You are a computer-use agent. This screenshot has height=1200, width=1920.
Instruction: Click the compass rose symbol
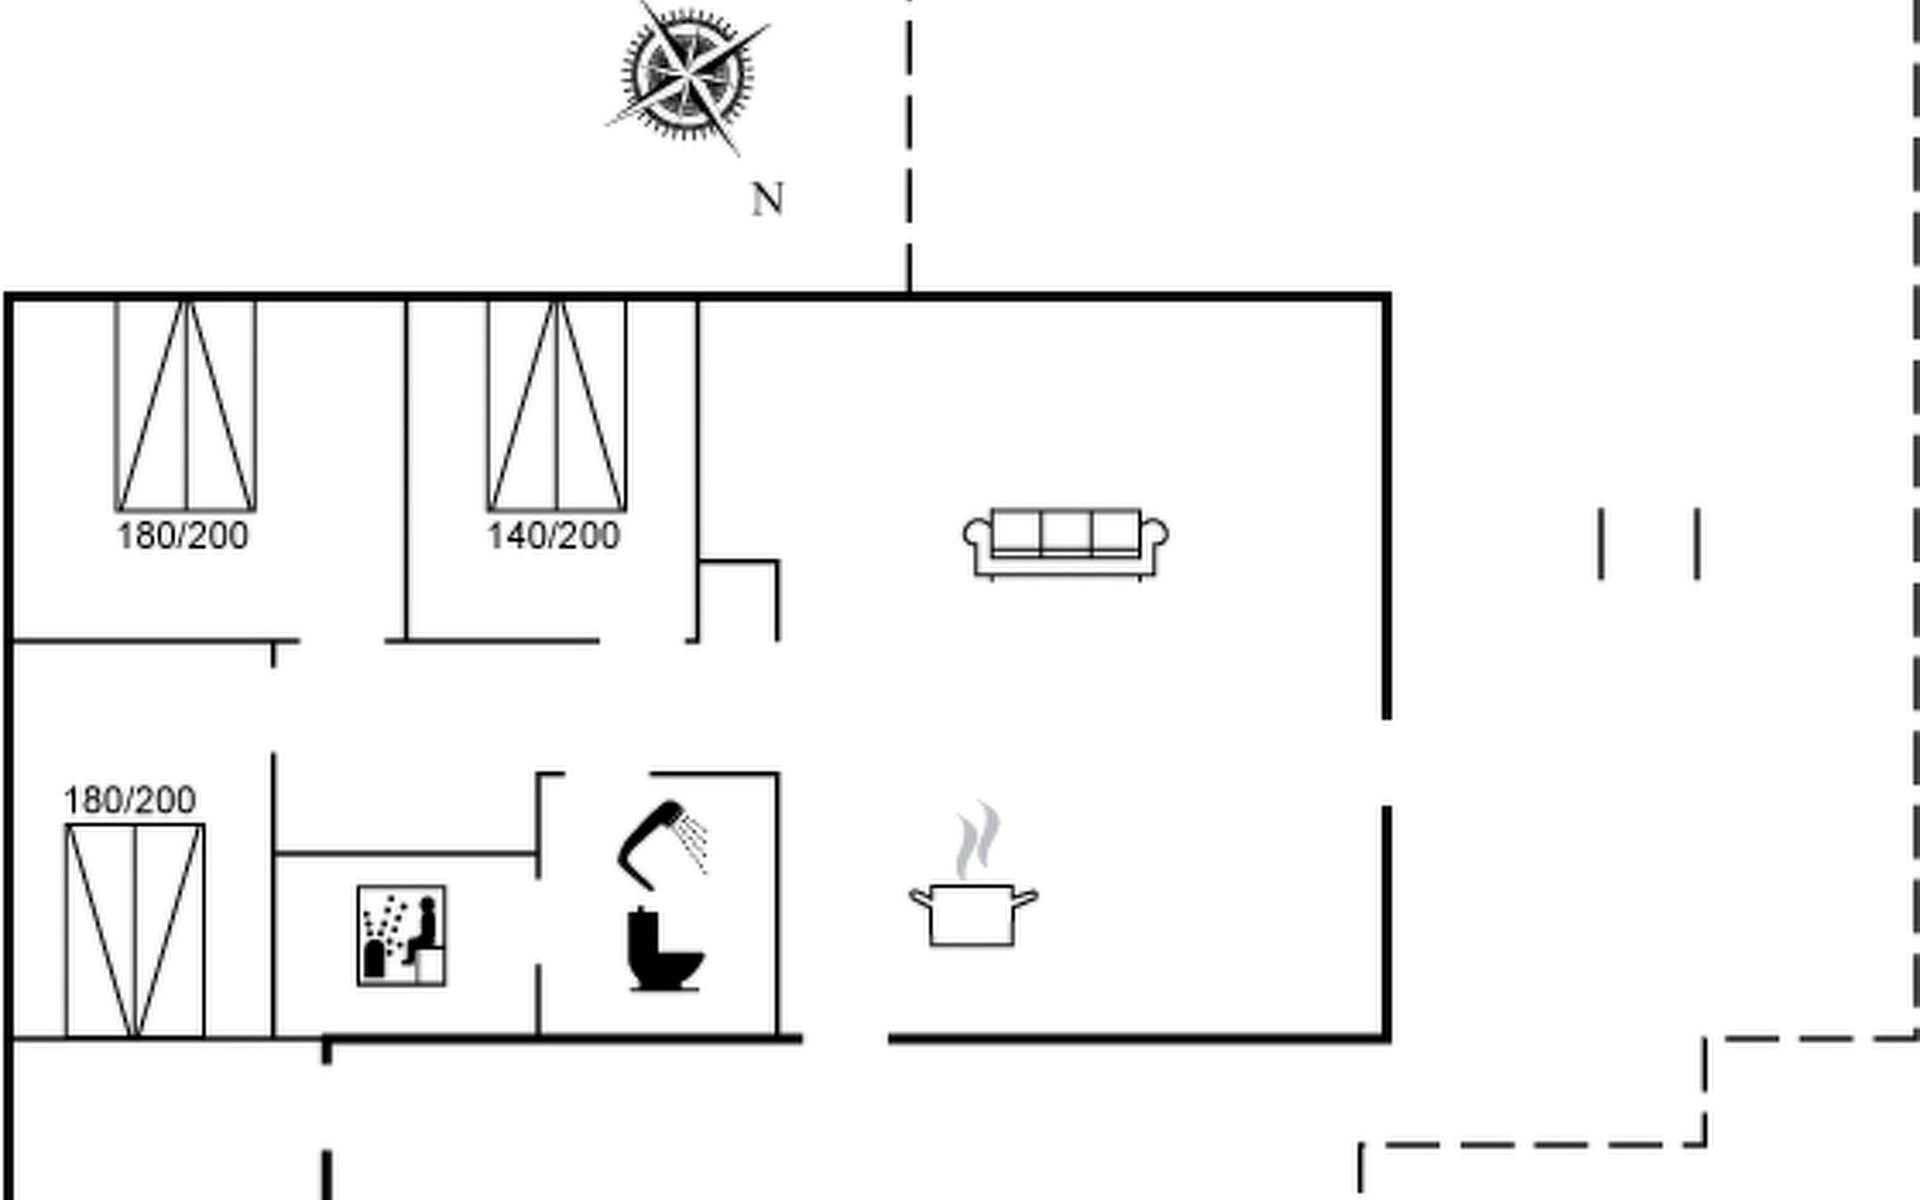687,74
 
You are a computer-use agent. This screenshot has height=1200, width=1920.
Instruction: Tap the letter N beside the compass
767,199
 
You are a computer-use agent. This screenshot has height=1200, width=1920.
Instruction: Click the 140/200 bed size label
553,536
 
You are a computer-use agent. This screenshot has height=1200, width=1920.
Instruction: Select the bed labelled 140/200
557,405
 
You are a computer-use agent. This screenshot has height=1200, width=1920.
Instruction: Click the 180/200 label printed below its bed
182,536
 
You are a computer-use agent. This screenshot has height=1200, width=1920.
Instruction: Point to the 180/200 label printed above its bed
129,800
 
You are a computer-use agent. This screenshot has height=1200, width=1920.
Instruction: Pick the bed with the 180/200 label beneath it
185,405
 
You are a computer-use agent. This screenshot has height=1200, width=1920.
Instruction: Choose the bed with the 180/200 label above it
135,930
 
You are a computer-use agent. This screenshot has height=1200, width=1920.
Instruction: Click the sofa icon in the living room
1065,543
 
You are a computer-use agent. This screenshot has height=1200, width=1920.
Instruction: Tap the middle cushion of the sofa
1065,531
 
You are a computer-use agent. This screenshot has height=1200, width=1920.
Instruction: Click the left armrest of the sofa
976,535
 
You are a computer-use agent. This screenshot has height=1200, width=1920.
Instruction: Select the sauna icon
402,935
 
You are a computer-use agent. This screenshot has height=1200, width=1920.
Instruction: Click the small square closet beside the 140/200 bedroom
738,601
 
